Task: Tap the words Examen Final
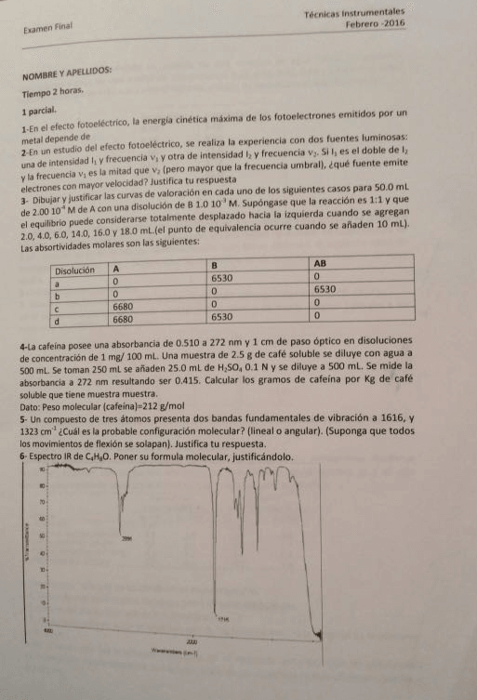coord(47,32)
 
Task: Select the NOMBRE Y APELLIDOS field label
coord(72,72)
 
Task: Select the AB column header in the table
coord(322,263)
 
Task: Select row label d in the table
coord(58,318)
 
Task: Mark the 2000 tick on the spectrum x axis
coord(192,642)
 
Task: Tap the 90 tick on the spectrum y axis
coord(42,469)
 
